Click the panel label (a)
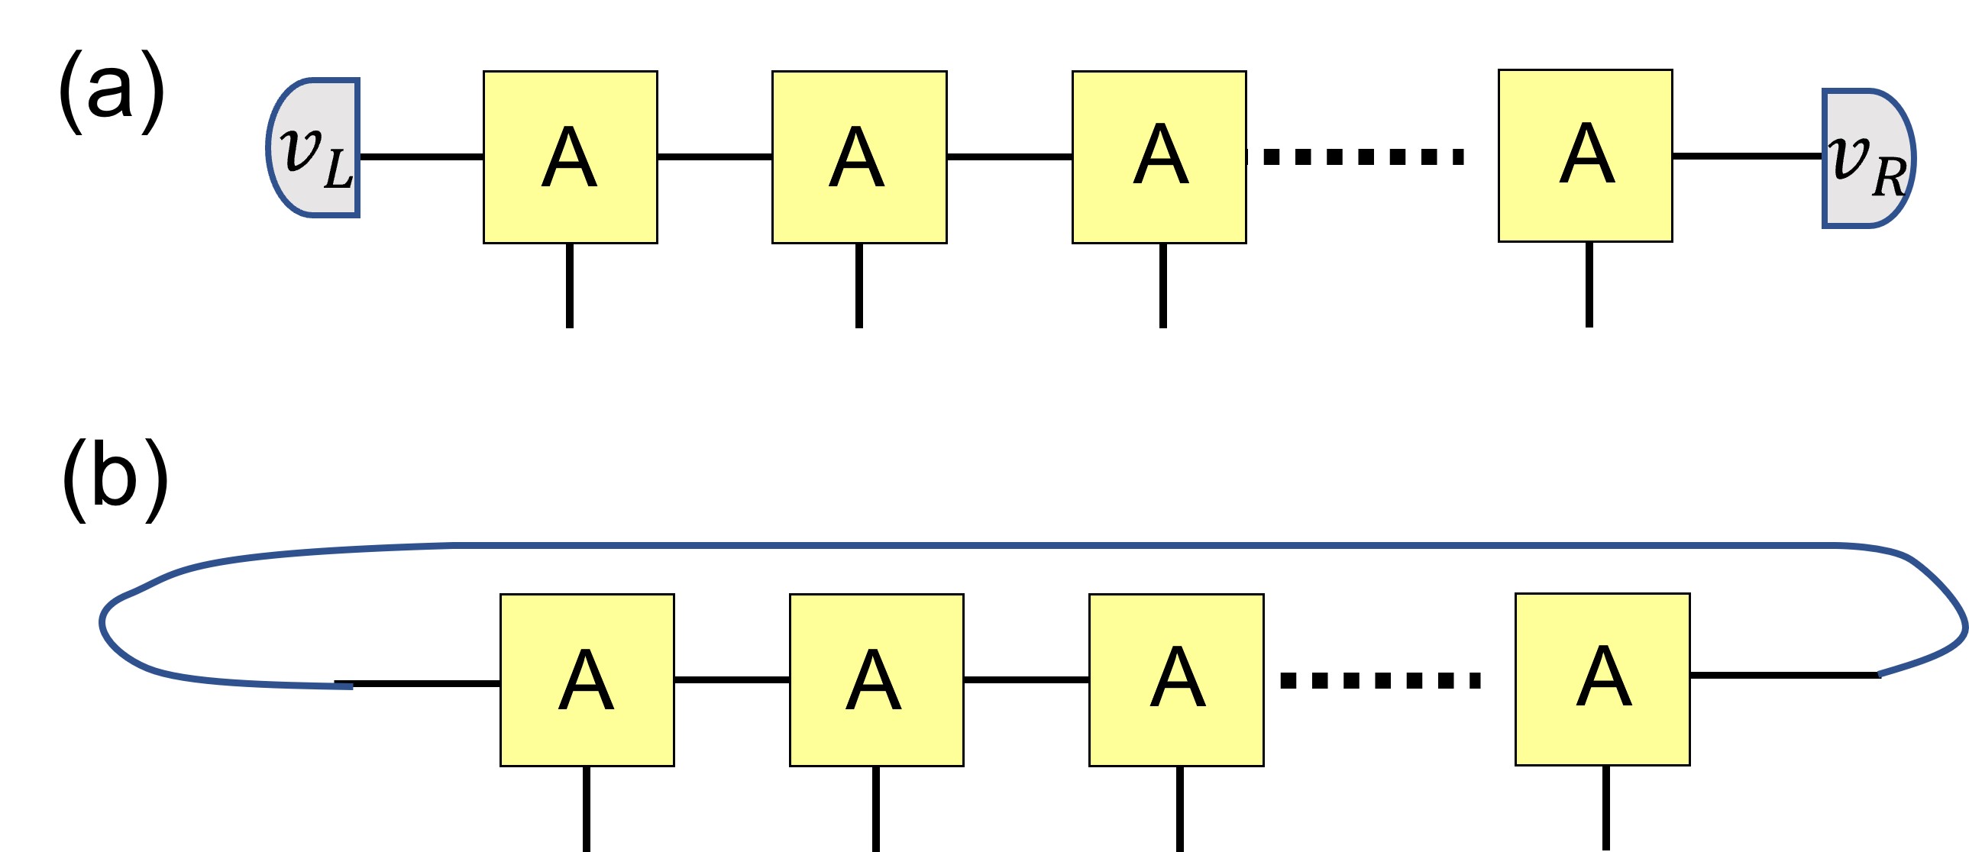pyautogui.click(x=112, y=91)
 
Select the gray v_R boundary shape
pyautogui.click(x=1867, y=159)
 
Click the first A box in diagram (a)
pyautogui.click(x=571, y=157)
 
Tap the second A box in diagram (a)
pyautogui.click(x=859, y=157)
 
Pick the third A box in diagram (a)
pyautogui.click(x=1159, y=157)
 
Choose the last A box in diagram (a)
pyautogui.click(x=1586, y=156)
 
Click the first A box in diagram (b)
pyautogui.click(x=587, y=679)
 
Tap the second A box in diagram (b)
pyautogui.click(x=876, y=679)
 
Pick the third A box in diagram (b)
pyautogui.click(x=1176, y=679)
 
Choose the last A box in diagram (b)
pyautogui.click(x=1602, y=679)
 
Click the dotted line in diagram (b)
pyautogui.click(x=1380, y=679)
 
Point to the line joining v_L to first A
pyautogui.click(x=421, y=157)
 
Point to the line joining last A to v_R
pyautogui.click(x=1748, y=156)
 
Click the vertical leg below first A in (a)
pyautogui.click(x=570, y=286)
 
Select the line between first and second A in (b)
pyautogui.click(x=732, y=679)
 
